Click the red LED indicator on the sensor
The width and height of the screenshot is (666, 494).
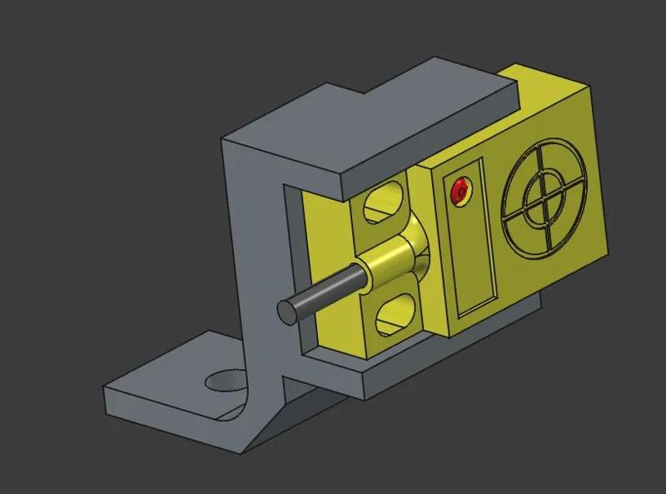(x=459, y=193)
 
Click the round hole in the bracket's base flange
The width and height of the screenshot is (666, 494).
(x=226, y=382)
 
